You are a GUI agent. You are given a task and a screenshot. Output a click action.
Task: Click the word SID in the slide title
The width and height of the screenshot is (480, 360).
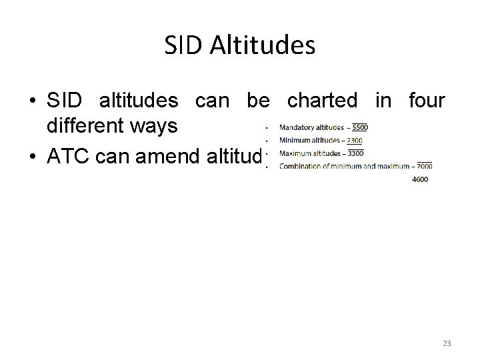pyautogui.click(x=181, y=46)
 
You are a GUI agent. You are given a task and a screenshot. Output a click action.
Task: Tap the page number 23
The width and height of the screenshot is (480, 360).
pyautogui.click(x=447, y=343)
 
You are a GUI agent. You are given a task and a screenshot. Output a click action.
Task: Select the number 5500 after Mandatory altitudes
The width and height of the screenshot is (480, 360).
pyautogui.click(x=359, y=127)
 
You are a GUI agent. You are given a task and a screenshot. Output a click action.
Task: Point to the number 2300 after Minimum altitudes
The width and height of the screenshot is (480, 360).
pyautogui.click(x=355, y=140)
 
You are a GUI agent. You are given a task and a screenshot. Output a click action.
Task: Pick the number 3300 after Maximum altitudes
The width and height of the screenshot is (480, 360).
pyautogui.click(x=355, y=153)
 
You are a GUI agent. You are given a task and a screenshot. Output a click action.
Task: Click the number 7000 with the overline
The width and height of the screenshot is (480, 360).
pyautogui.click(x=423, y=165)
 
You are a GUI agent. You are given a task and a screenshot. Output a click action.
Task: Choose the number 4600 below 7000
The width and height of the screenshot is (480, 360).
pyautogui.click(x=421, y=179)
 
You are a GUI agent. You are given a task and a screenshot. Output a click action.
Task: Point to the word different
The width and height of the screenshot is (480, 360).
pyautogui.click(x=83, y=127)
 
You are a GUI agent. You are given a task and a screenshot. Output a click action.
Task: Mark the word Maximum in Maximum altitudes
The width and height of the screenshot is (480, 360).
pyautogui.click(x=295, y=153)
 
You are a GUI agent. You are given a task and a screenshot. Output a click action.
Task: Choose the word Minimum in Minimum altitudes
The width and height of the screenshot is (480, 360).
pyautogui.click(x=295, y=140)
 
